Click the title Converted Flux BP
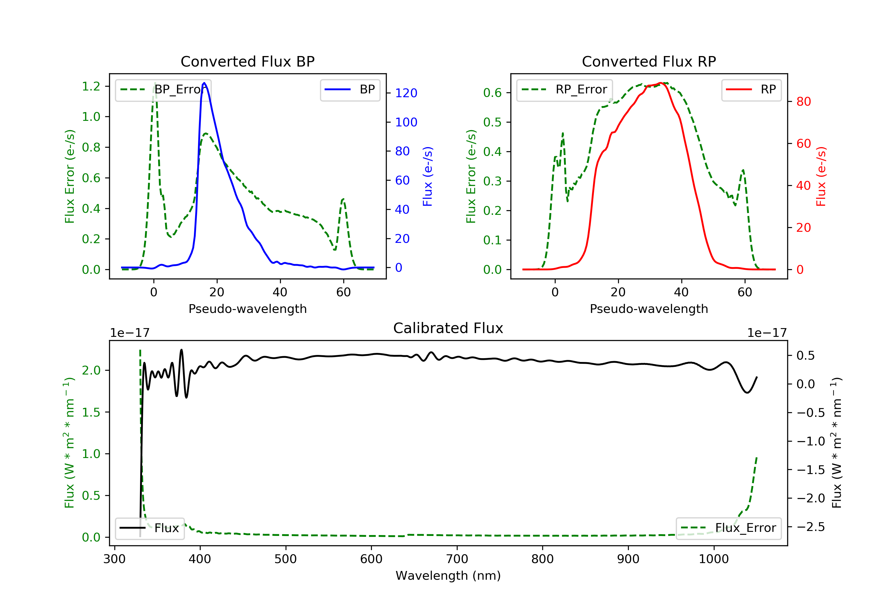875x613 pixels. pos(247,61)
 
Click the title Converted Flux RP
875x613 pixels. pos(649,61)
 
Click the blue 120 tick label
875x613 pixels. pos(406,93)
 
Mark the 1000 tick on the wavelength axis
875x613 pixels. pos(713,559)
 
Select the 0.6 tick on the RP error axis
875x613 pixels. pos(492,93)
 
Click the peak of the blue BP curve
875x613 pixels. pos(204,83)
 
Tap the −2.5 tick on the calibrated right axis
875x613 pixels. pos(810,527)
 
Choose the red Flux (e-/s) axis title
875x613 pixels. pos(821,176)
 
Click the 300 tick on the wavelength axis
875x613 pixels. pos(114,559)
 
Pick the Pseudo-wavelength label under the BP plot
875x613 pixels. pos(247,309)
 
